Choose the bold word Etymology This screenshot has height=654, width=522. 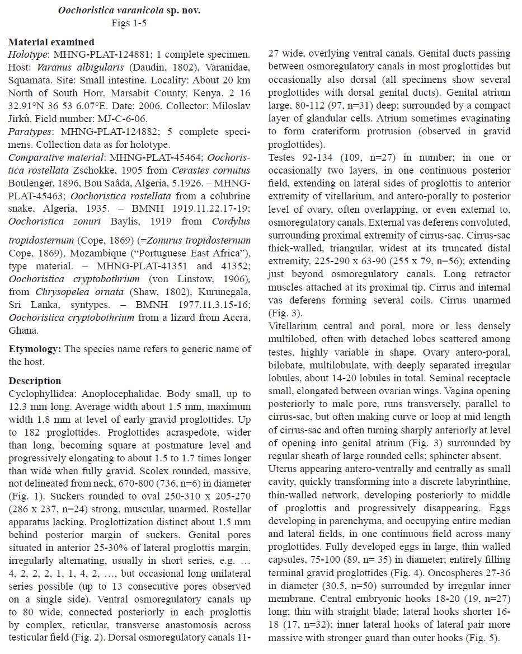click(35, 349)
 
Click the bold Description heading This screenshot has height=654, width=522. click(35, 381)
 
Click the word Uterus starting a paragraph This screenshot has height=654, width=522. click(284, 468)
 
